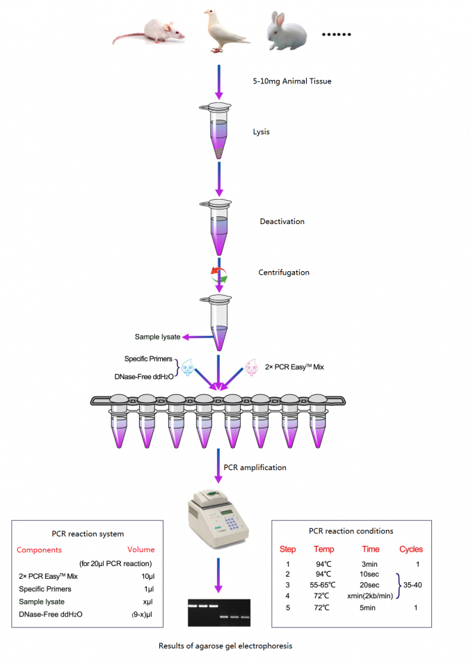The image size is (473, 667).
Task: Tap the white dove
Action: point(222,31)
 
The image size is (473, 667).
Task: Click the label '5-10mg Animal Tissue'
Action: point(292,81)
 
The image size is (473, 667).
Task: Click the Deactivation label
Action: point(282,221)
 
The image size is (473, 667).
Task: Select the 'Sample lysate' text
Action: point(157,337)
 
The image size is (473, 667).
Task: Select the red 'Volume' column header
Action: point(141,549)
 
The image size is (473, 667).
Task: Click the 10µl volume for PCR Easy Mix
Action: point(147,576)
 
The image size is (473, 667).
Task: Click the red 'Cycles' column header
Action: point(410,549)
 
